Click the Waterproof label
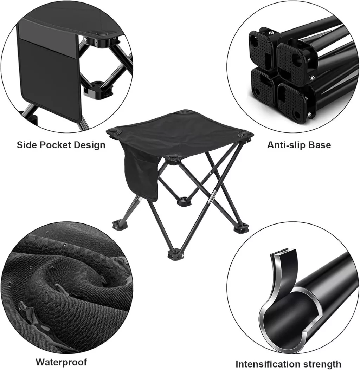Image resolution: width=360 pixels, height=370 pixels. tap(62, 362)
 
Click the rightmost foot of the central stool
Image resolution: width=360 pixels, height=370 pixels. tap(241, 228)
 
